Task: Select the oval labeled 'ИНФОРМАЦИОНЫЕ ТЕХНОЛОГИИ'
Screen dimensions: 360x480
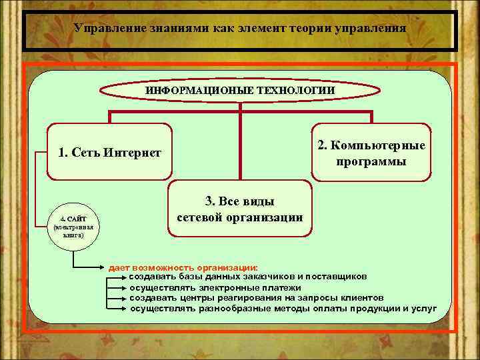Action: pos(240,90)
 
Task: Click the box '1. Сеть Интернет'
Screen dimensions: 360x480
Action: pos(109,153)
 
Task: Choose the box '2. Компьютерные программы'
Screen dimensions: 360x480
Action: pos(371,153)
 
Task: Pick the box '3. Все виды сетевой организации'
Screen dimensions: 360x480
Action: pos(240,209)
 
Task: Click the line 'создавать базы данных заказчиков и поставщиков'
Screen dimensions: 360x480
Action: pos(247,276)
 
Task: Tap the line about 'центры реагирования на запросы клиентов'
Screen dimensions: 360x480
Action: pos(257,298)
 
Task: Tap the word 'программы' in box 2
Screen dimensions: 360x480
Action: pos(371,161)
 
